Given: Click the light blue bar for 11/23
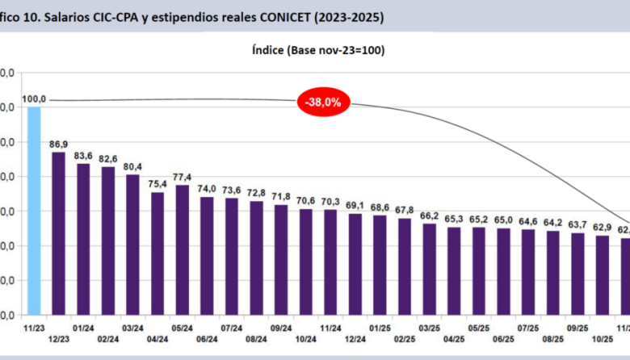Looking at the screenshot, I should [34, 210].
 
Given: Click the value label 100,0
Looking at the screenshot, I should [34, 99].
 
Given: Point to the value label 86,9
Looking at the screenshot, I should [58, 144].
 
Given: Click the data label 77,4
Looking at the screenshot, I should [182, 178].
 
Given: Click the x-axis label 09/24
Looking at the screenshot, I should [281, 329].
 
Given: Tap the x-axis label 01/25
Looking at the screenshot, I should [380, 329].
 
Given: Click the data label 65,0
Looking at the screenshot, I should [503, 220].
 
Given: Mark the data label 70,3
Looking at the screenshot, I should [330, 202].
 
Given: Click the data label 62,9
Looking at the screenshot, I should [602, 228].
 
